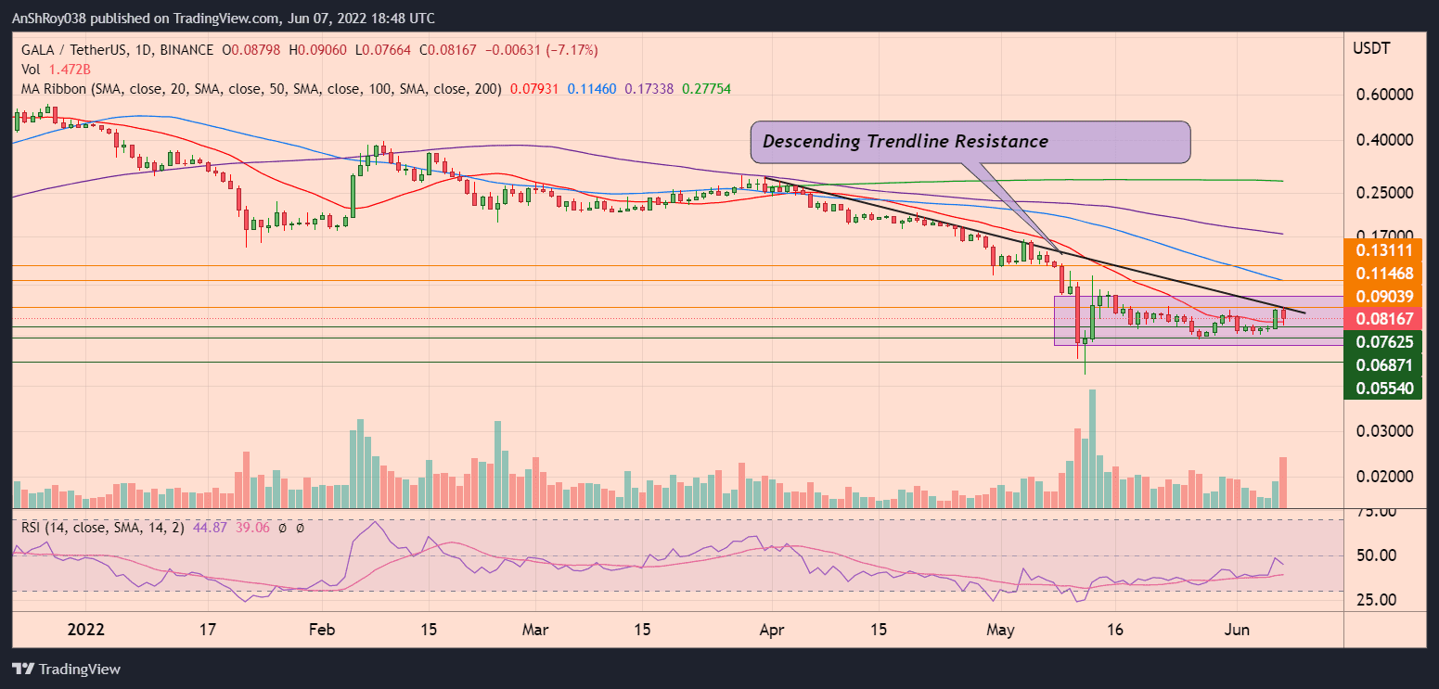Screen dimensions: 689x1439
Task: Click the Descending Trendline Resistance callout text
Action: pyautogui.click(x=905, y=142)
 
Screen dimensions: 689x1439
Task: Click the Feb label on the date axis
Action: pyautogui.click(x=321, y=629)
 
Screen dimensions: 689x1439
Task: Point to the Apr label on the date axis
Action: pyautogui.click(x=772, y=629)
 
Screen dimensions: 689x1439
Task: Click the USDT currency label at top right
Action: pyautogui.click(x=1373, y=47)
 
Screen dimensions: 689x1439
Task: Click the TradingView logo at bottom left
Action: pyautogui.click(x=66, y=669)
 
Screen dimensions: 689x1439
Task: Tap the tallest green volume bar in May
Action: pyautogui.click(x=1093, y=449)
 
